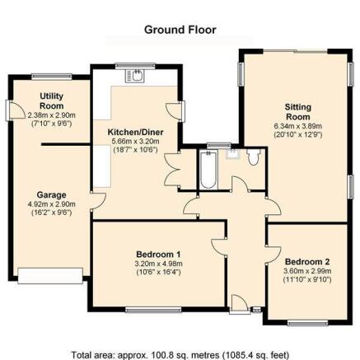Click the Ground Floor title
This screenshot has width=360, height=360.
point(180,30)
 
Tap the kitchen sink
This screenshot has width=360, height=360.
point(134,76)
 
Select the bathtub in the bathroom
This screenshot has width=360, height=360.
point(208,170)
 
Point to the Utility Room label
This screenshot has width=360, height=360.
point(52,101)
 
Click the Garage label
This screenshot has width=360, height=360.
point(52,195)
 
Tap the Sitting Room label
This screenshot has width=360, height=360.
point(298,112)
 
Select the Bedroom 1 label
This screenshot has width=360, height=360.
point(158,254)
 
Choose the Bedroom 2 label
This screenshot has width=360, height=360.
point(307,262)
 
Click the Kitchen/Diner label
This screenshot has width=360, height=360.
point(135,132)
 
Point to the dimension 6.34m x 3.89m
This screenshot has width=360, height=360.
point(298,126)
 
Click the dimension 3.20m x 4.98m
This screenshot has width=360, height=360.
point(158,264)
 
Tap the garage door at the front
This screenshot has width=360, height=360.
point(50,276)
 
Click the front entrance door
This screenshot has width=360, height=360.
point(240,304)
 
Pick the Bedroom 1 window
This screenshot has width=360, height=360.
point(153,310)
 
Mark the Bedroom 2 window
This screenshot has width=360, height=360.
point(307,323)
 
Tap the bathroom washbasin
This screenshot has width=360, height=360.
point(233,154)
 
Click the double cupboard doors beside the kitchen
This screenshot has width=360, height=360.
point(172,170)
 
